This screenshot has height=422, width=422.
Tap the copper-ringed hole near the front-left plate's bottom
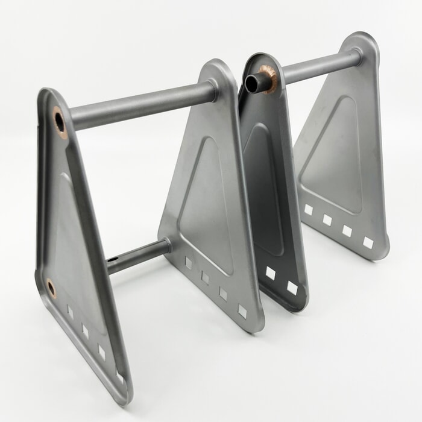click(51, 288)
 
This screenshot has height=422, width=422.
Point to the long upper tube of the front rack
click(142, 104)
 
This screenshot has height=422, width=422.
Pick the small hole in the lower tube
click(112, 260)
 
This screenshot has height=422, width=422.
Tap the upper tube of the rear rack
click(320, 68)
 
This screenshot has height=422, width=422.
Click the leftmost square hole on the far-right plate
click(309, 209)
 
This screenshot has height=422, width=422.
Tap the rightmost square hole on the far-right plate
click(368, 242)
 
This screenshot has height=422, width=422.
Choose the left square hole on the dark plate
click(270, 273)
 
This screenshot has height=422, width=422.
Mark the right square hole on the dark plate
click(292, 288)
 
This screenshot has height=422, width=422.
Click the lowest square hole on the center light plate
click(242, 311)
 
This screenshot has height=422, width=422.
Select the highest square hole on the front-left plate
click(70, 312)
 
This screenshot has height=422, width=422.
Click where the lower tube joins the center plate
click(165, 245)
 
